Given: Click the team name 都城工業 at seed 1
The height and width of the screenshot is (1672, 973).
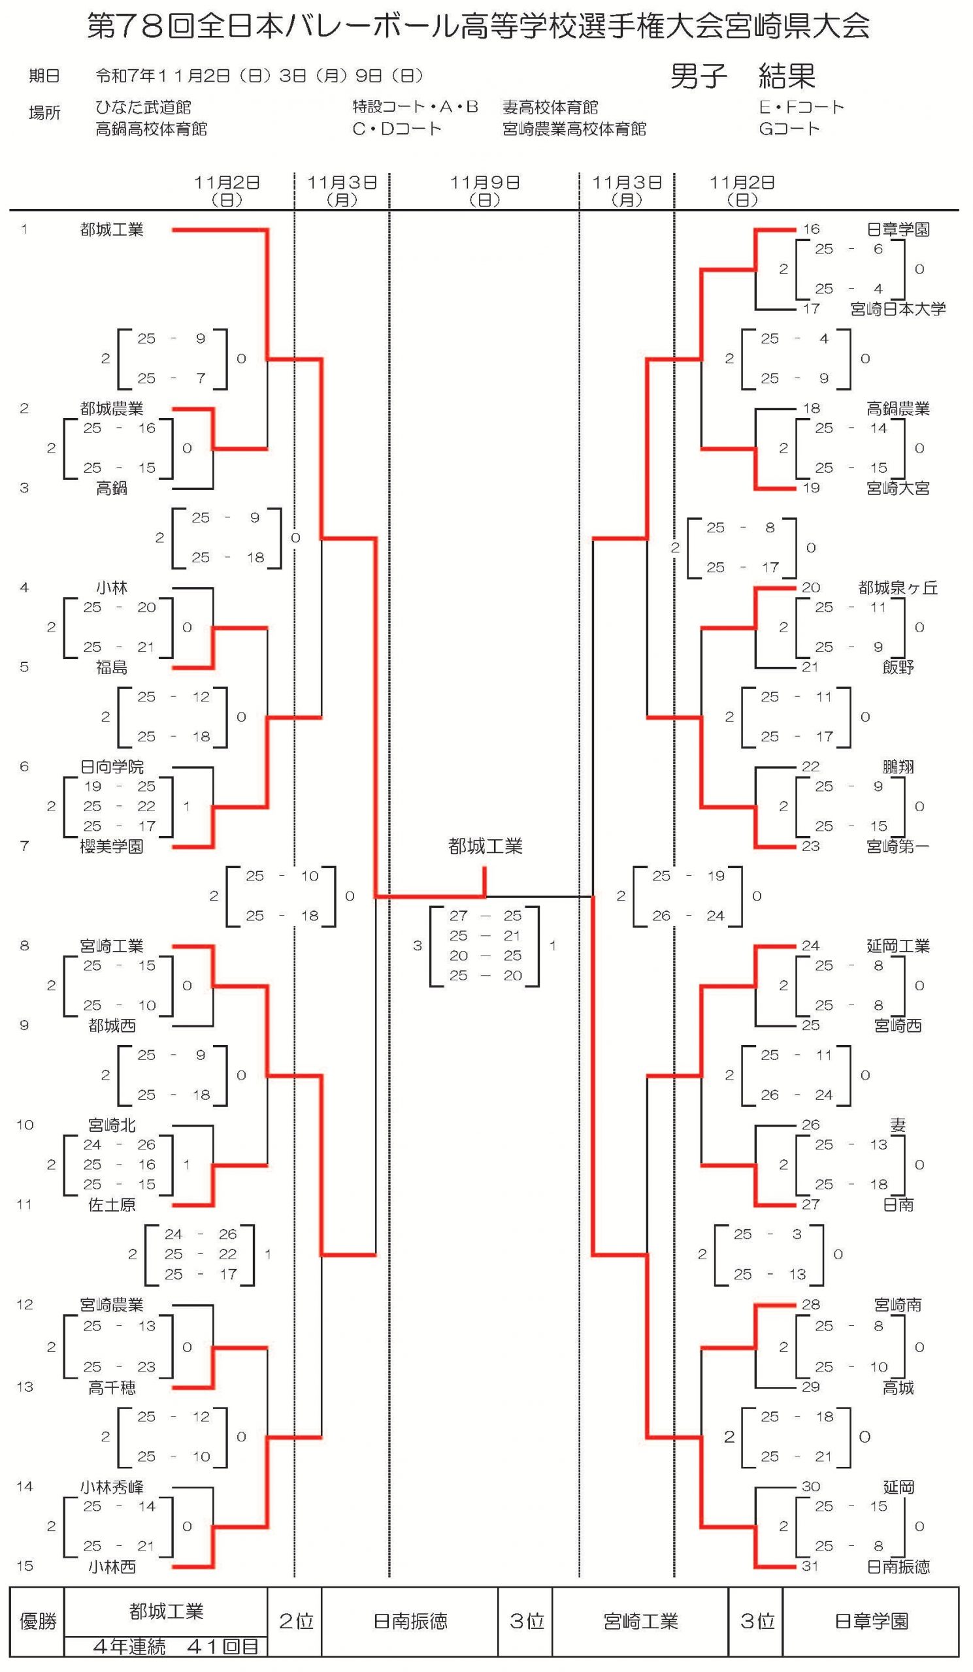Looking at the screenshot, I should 112,229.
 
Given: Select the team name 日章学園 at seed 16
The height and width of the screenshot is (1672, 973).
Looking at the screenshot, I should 897,229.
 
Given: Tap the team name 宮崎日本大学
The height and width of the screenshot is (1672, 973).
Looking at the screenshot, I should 897,309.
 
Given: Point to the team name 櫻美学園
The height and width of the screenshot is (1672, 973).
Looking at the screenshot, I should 112,846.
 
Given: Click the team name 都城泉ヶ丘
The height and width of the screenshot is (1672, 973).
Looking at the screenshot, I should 897,588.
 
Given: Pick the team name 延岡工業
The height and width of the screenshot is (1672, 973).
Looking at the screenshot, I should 897,946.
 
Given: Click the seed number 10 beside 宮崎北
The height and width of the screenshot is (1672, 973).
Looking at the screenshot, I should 25,1125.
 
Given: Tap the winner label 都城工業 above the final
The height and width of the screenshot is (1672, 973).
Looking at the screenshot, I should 485,846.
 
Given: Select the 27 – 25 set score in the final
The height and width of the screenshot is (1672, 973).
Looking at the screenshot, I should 485,916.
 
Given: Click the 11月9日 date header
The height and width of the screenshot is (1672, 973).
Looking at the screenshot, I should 484,183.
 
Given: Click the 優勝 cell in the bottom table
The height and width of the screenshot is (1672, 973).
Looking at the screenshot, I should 38,1622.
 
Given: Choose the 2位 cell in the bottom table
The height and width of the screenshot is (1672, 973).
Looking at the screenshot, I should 295,1622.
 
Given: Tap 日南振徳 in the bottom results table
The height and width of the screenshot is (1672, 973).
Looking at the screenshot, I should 410,1622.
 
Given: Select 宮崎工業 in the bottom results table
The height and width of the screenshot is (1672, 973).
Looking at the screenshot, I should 640,1622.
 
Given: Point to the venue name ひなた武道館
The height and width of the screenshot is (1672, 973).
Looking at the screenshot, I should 143,108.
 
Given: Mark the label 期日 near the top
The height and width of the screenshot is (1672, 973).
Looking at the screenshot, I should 44,76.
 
